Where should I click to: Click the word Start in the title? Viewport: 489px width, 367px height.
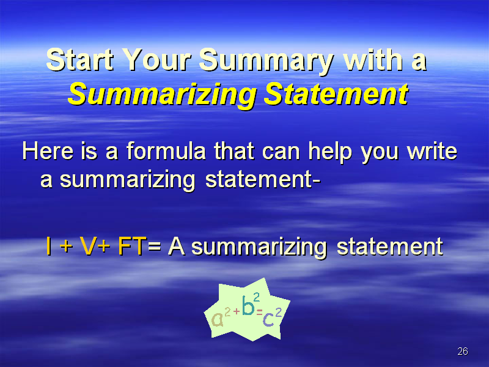[80, 60]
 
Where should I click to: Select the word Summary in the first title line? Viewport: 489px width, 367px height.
[266, 62]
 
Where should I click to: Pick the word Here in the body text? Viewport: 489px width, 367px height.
[48, 151]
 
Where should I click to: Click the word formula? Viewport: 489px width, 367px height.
[166, 150]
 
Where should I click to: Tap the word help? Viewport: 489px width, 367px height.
[330, 153]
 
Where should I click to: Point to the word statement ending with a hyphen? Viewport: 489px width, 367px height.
[263, 179]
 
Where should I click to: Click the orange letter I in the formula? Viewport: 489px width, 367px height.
[49, 246]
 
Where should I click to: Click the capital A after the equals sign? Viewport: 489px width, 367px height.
[177, 246]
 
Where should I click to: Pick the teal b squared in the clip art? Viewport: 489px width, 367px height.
[251, 303]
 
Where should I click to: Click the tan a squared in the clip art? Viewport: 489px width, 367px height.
[221, 317]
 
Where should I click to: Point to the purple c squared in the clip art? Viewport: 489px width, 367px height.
[272, 317]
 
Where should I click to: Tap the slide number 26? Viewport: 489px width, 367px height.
[463, 351]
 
